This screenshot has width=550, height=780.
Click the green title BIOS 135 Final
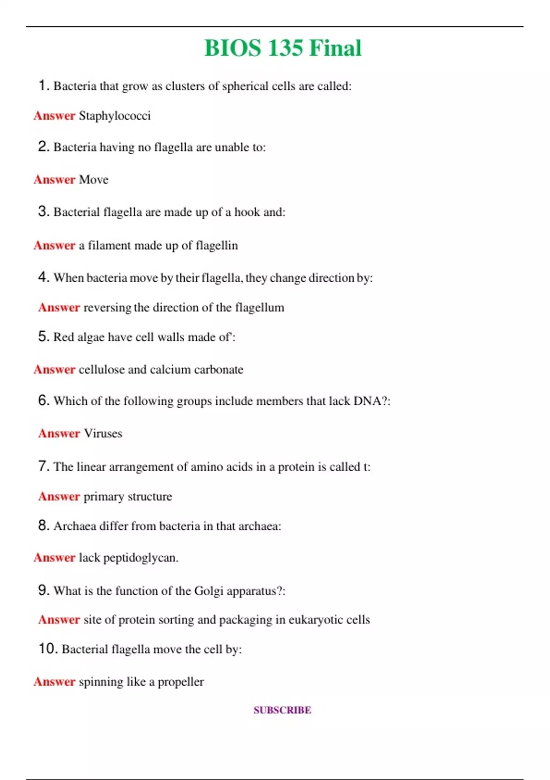point(283,48)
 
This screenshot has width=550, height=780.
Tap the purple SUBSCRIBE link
point(282,710)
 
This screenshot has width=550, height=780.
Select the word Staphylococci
point(115,116)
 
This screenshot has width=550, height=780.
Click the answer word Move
point(93,179)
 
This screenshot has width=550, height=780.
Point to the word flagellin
point(217,245)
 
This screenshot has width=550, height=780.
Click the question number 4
point(43,277)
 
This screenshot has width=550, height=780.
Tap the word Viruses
point(103,433)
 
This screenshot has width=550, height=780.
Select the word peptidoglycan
point(140,558)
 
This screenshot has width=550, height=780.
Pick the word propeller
point(181,682)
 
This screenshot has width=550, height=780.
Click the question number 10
point(48,649)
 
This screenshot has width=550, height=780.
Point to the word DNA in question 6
point(367,401)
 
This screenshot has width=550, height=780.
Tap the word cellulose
point(101,369)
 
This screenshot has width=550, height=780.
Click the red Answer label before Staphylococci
point(54,116)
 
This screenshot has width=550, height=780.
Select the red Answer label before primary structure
point(59,496)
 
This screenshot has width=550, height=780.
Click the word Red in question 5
point(63,337)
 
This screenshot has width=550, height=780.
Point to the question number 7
point(43,466)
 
